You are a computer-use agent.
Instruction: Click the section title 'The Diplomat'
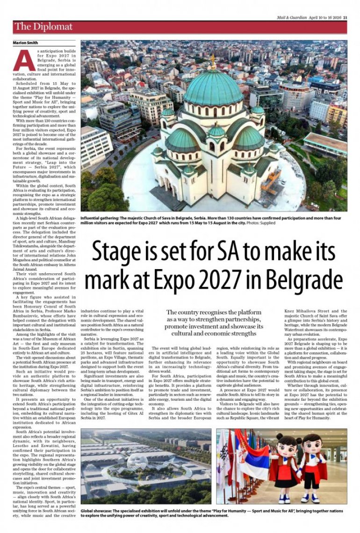[x=43, y=27]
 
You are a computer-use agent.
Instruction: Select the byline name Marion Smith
[x=25, y=43]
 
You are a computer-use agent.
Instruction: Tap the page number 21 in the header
[x=345, y=18]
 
